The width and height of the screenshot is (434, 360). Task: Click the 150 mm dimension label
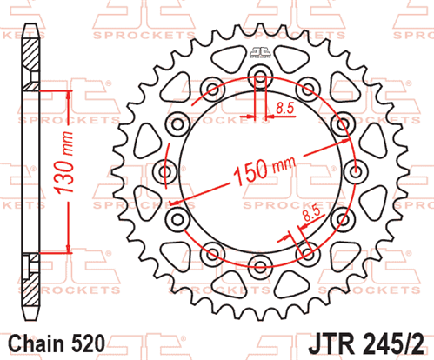(264, 170)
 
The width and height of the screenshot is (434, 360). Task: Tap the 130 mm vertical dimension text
(63, 163)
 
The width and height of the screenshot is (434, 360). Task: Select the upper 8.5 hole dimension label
(284, 108)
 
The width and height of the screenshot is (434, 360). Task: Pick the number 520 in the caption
(88, 343)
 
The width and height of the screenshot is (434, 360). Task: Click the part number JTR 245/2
(367, 344)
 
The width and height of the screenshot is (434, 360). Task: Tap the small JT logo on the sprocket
(260, 52)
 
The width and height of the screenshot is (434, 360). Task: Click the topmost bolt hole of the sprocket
(260, 77)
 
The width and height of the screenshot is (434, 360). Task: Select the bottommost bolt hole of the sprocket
(260, 267)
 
